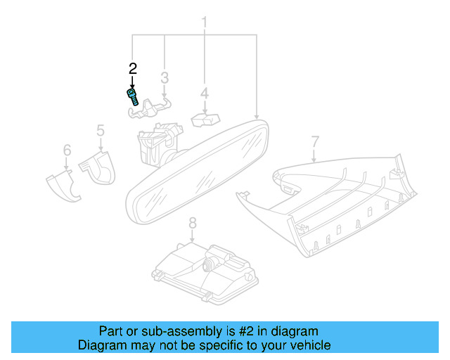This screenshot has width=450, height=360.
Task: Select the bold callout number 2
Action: (x=133, y=69)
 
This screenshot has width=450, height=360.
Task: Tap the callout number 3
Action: (x=165, y=78)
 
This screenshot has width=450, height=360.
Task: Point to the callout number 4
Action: (x=205, y=94)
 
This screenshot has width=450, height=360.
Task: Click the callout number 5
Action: (x=101, y=130)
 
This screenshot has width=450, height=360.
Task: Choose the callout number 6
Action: (x=67, y=150)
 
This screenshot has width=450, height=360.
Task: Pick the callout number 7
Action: (x=315, y=142)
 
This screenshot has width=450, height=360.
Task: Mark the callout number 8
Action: (x=192, y=223)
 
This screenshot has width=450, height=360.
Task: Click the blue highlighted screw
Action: (x=133, y=97)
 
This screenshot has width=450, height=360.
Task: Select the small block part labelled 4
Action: (x=205, y=120)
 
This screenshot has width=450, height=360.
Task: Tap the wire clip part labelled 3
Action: (x=149, y=108)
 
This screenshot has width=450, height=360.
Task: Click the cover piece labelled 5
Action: (x=98, y=167)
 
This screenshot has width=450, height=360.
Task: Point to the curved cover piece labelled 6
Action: (x=63, y=186)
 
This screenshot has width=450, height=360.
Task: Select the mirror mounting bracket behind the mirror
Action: (x=160, y=143)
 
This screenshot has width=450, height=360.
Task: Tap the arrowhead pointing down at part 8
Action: (x=192, y=240)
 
